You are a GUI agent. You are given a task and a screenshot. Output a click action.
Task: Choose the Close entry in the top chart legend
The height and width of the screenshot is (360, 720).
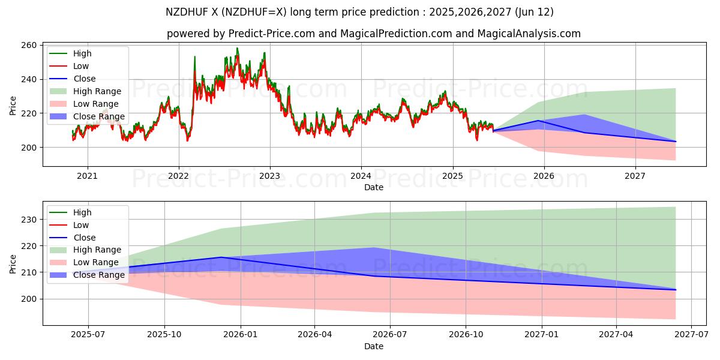click(85, 79)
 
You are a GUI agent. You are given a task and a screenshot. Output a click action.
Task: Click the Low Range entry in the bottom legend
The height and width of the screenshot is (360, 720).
click(97, 262)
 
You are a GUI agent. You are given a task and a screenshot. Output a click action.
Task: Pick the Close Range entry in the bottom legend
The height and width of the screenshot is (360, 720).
click(99, 275)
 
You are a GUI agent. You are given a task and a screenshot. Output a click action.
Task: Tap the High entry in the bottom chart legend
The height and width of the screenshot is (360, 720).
click(82, 212)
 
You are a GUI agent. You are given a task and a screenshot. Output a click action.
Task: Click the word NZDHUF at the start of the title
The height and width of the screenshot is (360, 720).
click(186, 12)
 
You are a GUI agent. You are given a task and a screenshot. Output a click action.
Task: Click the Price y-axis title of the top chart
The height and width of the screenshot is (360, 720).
click(13, 104)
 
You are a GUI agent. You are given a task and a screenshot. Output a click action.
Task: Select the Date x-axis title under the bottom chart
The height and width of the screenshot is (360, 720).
click(373, 346)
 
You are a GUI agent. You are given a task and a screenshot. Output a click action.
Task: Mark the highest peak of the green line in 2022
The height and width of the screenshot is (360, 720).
click(237, 48)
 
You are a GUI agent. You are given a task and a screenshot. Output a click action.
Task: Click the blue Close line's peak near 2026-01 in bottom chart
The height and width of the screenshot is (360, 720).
click(221, 257)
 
